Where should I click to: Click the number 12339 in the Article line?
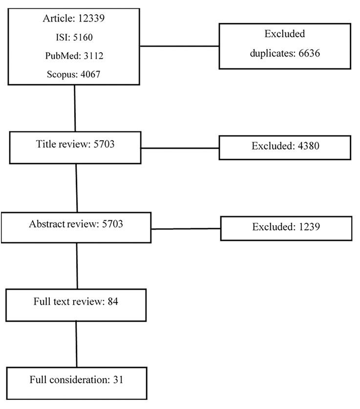[90, 19]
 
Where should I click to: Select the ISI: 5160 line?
[74, 37]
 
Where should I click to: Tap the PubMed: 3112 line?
[74, 56]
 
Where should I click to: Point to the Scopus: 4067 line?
[74, 74]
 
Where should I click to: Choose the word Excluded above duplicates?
[285, 34]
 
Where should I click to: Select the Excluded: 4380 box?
[285, 147]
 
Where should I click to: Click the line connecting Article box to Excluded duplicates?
[179, 46]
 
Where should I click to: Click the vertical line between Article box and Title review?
[75, 108]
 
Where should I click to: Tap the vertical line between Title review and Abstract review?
[77, 188]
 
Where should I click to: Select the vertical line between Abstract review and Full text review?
[77, 265]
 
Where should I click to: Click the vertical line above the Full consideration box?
[77, 344]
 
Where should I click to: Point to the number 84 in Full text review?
[113, 301]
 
